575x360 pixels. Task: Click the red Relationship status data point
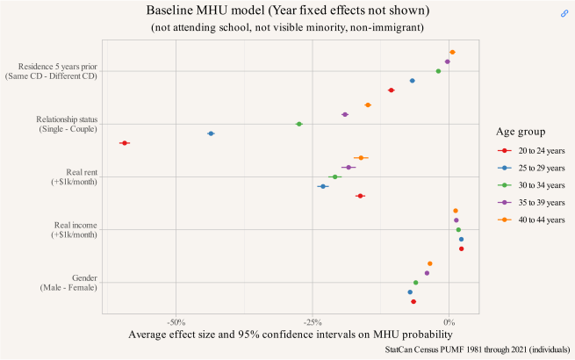click(x=125, y=142)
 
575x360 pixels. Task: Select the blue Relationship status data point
click(x=211, y=133)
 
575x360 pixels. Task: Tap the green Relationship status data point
click(x=299, y=124)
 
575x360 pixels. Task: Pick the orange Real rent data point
click(x=361, y=158)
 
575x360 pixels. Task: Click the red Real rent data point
click(x=360, y=196)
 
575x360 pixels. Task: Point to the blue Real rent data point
click(x=323, y=186)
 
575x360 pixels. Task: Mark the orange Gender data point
click(x=430, y=263)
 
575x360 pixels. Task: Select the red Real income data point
click(x=461, y=248)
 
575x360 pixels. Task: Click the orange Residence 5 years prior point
click(x=452, y=53)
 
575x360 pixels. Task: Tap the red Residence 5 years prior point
click(x=392, y=90)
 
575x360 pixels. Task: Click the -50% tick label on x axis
click(x=176, y=322)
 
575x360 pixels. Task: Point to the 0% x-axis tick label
click(x=449, y=322)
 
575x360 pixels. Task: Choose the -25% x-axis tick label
click(x=313, y=322)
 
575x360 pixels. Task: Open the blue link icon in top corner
click(x=564, y=13)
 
